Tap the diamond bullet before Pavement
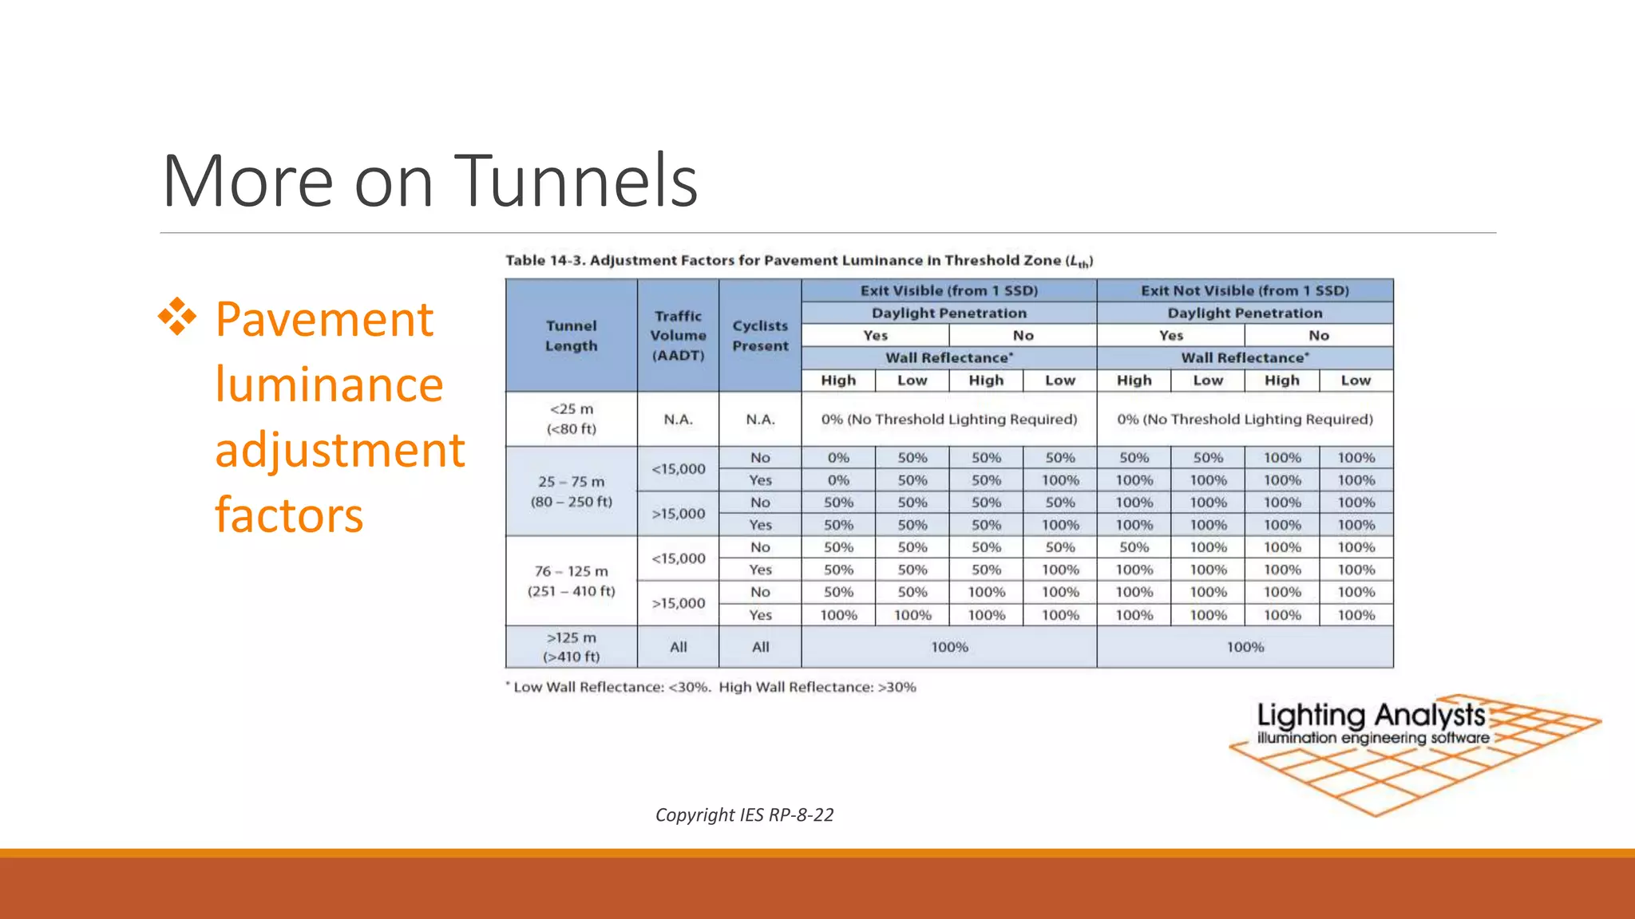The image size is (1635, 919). (177, 318)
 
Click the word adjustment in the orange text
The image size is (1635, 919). (340, 450)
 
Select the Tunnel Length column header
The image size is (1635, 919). (572, 336)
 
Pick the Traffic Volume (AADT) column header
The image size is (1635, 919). (678, 336)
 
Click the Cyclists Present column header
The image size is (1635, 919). (760, 336)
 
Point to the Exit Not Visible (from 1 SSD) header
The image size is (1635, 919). (1245, 290)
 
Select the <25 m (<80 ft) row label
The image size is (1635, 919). (572, 419)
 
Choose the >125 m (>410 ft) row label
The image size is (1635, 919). (572, 647)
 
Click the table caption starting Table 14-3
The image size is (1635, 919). (799, 261)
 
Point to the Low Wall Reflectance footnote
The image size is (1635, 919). (711, 687)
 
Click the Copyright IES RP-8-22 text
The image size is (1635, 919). (744, 814)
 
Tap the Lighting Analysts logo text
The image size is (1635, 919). (1371, 716)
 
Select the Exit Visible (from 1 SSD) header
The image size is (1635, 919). (949, 290)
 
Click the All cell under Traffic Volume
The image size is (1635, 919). (678, 647)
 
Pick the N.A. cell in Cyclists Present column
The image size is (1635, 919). (760, 420)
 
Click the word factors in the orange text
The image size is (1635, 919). (289, 515)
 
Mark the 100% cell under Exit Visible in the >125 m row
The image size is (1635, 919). (949, 647)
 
